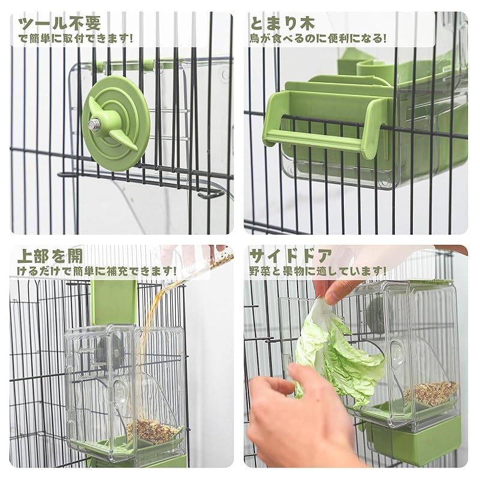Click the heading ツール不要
(x=59, y=23)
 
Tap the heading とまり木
(x=283, y=23)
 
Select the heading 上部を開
(x=50, y=256)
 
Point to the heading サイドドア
(x=291, y=256)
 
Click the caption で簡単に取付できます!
(x=76, y=38)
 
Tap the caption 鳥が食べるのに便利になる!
(x=318, y=38)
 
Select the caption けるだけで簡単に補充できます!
(x=97, y=271)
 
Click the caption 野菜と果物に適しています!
(x=317, y=271)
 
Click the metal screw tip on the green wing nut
(x=92, y=124)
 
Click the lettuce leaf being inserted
(x=337, y=352)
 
